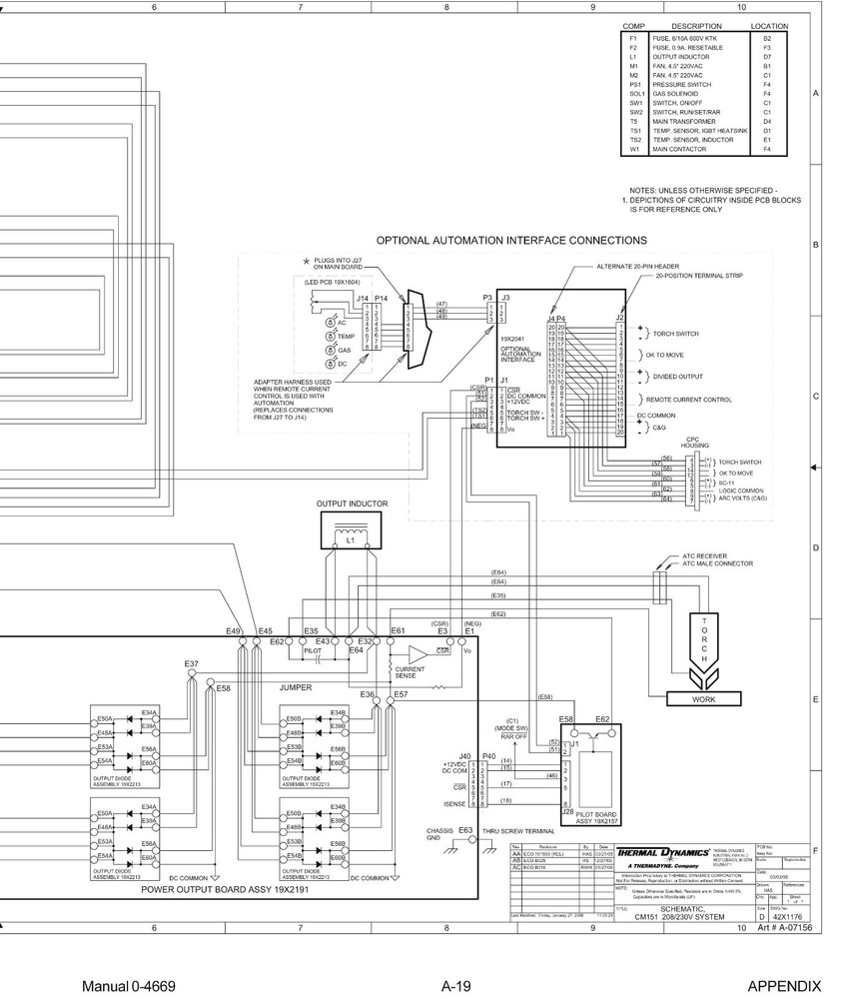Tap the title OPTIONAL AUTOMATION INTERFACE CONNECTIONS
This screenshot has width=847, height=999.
click(510, 241)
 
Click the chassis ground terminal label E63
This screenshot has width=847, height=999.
click(464, 830)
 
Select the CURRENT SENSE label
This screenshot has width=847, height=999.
click(411, 672)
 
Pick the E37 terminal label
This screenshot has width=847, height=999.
click(191, 663)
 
